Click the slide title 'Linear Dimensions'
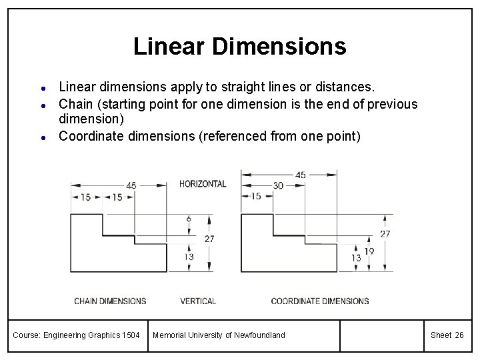[239, 46]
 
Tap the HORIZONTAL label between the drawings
[203, 184]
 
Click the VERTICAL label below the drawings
[198, 301]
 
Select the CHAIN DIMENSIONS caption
[110, 301]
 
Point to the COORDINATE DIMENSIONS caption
[320, 301]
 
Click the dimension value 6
[189, 219]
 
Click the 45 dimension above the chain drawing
[131, 185]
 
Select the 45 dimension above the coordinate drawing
[301, 175]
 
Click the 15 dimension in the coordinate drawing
[255, 196]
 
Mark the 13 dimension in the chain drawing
[189, 257]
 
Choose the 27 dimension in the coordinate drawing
[385, 234]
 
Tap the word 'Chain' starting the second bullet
[73, 104]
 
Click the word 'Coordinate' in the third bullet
[91, 136]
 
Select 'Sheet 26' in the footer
[447, 335]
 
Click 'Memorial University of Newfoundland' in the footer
[219, 335]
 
